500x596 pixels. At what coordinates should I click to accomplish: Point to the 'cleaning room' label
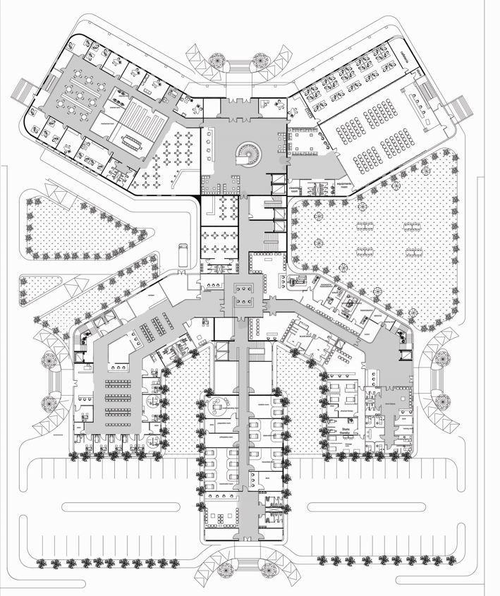(295, 189)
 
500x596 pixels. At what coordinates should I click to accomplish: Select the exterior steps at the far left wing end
(24, 90)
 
